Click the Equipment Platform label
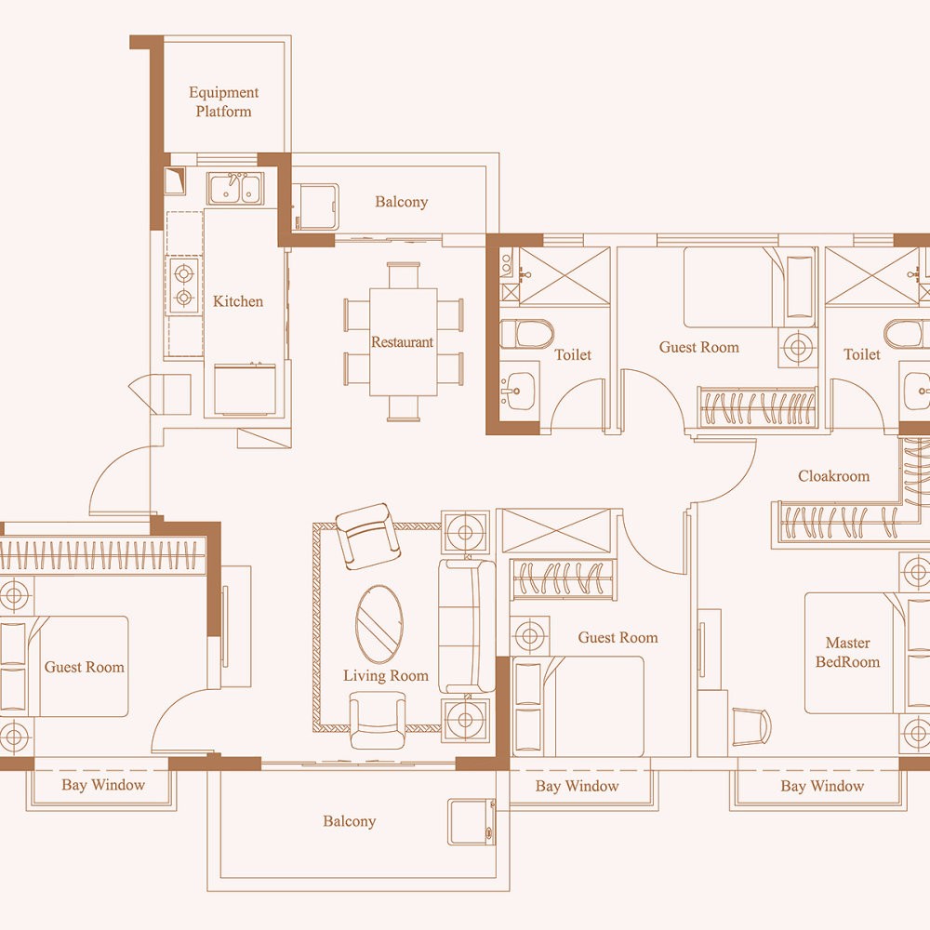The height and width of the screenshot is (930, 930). [x=223, y=101]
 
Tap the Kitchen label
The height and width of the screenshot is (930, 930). [x=238, y=301]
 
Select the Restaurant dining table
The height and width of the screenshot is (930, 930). [x=404, y=341]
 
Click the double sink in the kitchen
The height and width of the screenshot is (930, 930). [x=235, y=189]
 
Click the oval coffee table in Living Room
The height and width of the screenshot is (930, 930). [x=379, y=624]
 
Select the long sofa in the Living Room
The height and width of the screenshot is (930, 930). [x=467, y=626]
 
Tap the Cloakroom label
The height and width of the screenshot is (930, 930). [x=833, y=476]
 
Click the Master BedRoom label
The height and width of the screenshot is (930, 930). [x=847, y=653]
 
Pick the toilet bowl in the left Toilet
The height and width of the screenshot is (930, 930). [x=526, y=333]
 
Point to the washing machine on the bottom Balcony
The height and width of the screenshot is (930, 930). [x=472, y=822]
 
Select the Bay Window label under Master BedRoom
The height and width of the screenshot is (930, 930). [x=822, y=787]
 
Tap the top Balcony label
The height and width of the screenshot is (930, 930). [x=402, y=202]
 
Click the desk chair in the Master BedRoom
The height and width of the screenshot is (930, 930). [x=751, y=726]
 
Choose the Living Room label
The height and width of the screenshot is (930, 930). [x=386, y=675]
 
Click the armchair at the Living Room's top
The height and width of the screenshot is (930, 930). [x=367, y=536]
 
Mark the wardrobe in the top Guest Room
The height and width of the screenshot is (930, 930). [x=757, y=407]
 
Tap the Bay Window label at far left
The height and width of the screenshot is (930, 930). [x=103, y=785]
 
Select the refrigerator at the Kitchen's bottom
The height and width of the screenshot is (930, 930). [x=245, y=390]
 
